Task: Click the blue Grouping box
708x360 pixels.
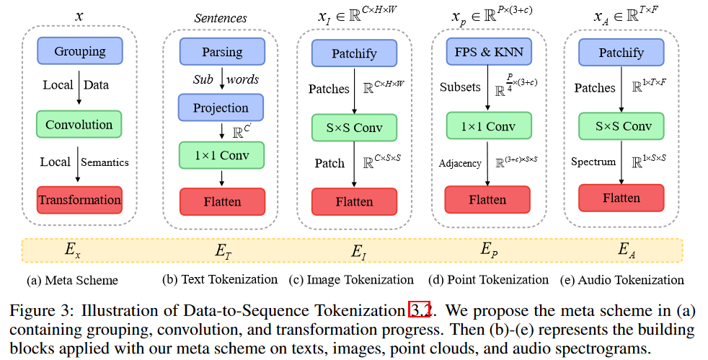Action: (79, 51)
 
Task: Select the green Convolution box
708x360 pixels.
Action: (79, 124)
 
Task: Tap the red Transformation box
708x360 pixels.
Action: (79, 199)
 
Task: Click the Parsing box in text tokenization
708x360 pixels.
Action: (222, 52)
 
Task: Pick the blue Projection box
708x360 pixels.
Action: (221, 107)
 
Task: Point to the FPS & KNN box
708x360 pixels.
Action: (489, 51)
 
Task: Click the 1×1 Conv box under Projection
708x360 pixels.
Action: (222, 154)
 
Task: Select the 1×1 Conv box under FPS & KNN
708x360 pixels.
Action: (488, 126)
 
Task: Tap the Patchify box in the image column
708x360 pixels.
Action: (354, 53)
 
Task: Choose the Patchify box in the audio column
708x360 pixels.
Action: (621, 52)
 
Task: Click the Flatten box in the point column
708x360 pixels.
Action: (487, 199)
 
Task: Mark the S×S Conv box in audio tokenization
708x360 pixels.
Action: (621, 126)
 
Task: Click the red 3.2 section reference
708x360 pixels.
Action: (419, 310)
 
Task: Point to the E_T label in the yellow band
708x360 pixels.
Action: (223, 250)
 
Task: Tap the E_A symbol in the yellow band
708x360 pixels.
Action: (627, 250)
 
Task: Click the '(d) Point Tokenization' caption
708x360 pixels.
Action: (488, 279)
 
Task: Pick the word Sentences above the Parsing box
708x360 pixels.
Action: (221, 18)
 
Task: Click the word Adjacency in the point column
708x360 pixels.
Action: (460, 163)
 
